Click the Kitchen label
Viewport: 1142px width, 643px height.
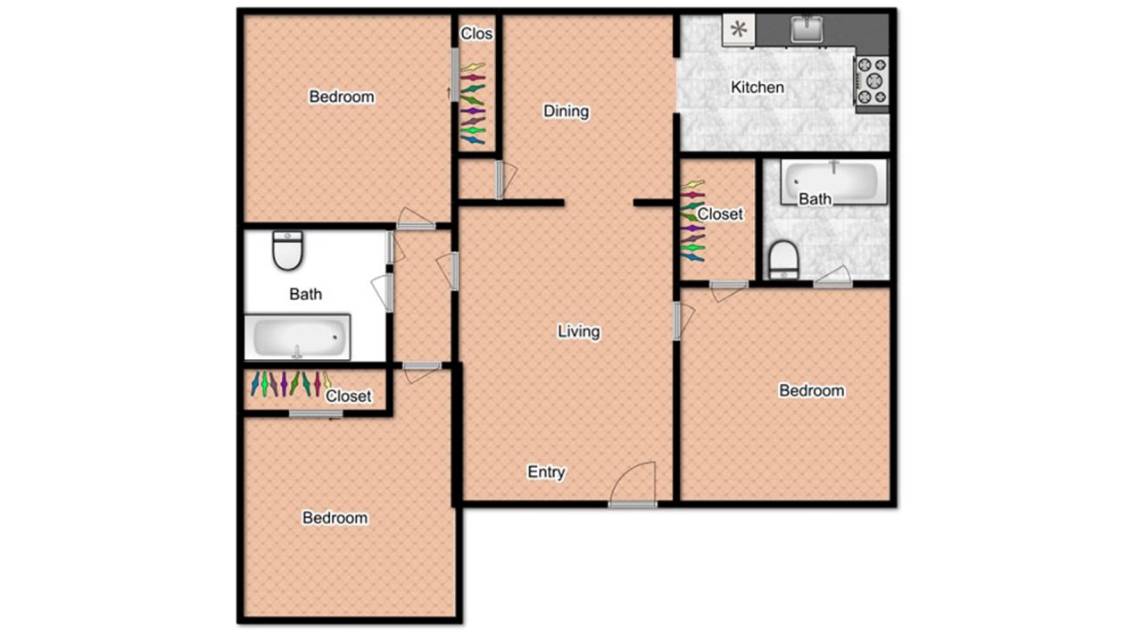pyautogui.click(x=757, y=88)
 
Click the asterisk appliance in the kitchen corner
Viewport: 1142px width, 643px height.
pyautogui.click(x=739, y=29)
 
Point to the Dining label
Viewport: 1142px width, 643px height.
pyautogui.click(x=566, y=112)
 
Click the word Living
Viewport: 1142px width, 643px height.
pyautogui.click(x=578, y=331)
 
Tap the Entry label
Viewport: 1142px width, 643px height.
pyautogui.click(x=546, y=472)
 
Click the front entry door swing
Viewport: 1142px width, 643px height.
pyautogui.click(x=633, y=484)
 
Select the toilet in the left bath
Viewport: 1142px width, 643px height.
pyautogui.click(x=288, y=250)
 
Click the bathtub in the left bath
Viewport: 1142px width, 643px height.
pyautogui.click(x=297, y=338)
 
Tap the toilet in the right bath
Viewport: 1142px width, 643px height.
pyautogui.click(x=782, y=259)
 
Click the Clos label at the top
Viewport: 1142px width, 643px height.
pyautogui.click(x=476, y=34)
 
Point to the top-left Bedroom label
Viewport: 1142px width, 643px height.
pyautogui.click(x=342, y=96)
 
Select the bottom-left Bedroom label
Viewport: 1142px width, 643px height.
pyautogui.click(x=335, y=518)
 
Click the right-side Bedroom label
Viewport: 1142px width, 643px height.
pyautogui.click(x=811, y=390)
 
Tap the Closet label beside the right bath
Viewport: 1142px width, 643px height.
pyautogui.click(x=720, y=214)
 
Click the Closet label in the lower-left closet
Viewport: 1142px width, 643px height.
pyautogui.click(x=348, y=396)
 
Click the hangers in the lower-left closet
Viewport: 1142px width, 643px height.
pyautogui.click(x=289, y=384)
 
